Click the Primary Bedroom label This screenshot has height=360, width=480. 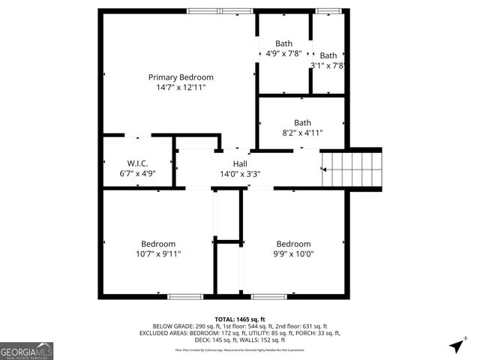[x=181, y=77]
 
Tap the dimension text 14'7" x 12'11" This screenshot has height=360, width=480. [x=181, y=88]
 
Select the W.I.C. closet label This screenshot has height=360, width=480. [x=137, y=162]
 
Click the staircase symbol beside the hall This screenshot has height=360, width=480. [x=352, y=169]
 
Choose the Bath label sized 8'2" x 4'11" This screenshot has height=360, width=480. [x=302, y=123]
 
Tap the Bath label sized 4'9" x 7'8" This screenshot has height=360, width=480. [x=283, y=43]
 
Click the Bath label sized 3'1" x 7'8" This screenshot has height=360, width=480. [x=328, y=55]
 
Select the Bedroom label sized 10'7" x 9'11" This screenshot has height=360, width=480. [x=158, y=244]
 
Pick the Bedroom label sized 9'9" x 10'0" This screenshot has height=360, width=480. [x=293, y=244]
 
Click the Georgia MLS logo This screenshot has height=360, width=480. [x=27, y=351]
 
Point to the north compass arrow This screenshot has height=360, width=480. [x=456, y=346]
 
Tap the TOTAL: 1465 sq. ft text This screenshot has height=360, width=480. [x=240, y=319]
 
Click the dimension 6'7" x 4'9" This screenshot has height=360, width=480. [x=137, y=172]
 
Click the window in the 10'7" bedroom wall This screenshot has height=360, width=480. [x=185, y=296]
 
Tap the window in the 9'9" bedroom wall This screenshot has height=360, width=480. [x=268, y=296]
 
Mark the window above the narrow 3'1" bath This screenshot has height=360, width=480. [x=328, y=10]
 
